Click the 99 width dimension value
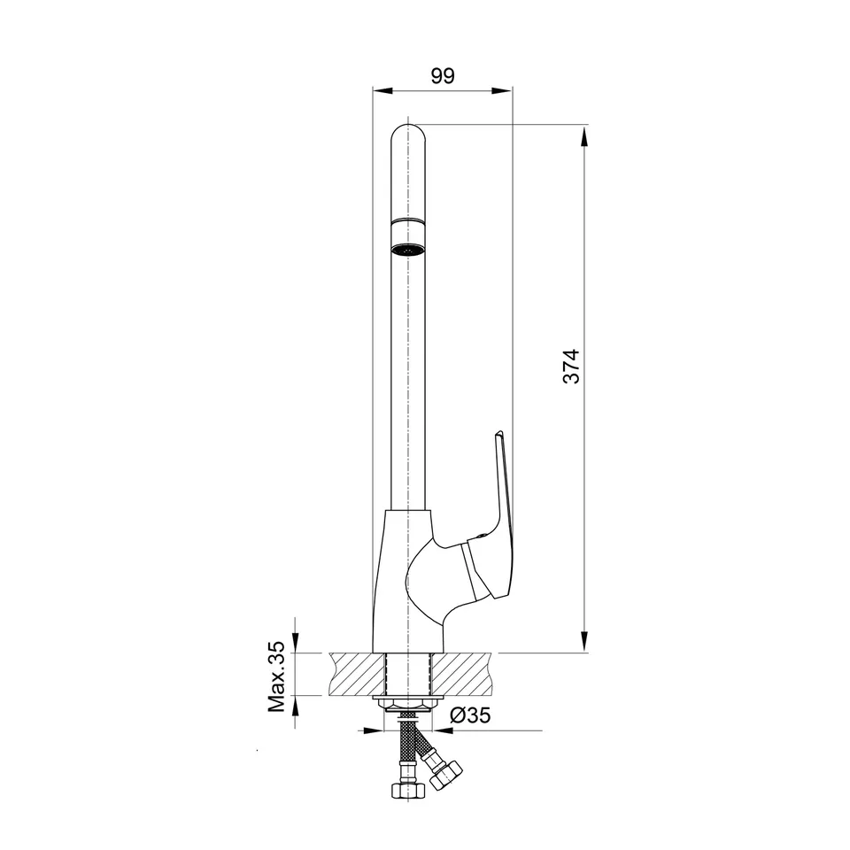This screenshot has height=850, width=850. [x=443, y=76]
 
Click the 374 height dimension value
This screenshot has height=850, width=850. [x=571, y=367]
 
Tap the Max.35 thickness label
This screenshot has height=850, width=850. [x=276, y=676]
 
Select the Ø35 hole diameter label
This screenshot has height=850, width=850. [x=469, y=715]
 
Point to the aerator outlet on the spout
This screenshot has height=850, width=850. [x=408, y=251]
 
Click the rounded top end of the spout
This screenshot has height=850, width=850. [x=408, y=133]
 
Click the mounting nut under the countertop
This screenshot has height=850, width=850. [x=408, y=706]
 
